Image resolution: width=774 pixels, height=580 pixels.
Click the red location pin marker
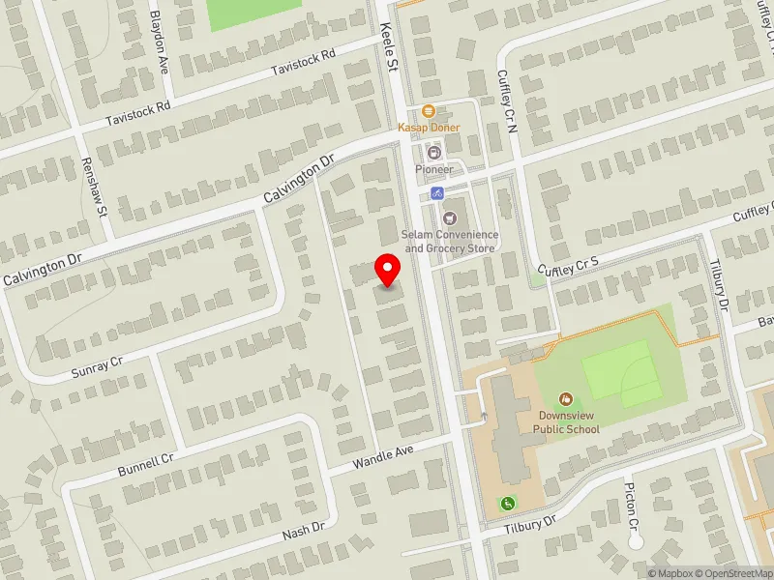[388, 270]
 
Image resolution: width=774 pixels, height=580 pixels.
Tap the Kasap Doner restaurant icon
[429, 111]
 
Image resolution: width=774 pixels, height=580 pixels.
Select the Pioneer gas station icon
[434, 153]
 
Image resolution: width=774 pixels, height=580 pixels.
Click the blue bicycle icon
[437, 193]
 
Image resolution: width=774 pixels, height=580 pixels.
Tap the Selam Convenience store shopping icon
[450, 217]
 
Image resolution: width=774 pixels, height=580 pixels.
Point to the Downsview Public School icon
[566, 398]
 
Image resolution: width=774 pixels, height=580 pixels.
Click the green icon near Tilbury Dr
[506, 503]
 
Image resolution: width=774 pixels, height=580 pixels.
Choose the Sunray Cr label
[98, 367]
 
